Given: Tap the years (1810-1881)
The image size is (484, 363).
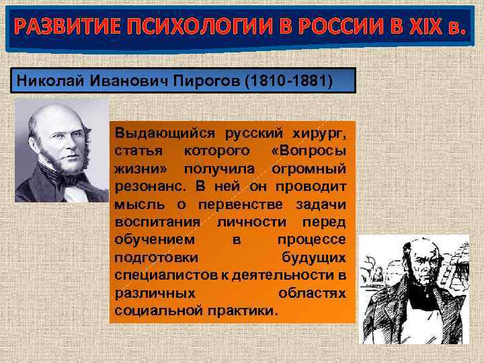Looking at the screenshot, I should (x=288, y=81).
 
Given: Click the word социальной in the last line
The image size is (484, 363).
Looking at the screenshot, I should (x=152, y=312).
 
